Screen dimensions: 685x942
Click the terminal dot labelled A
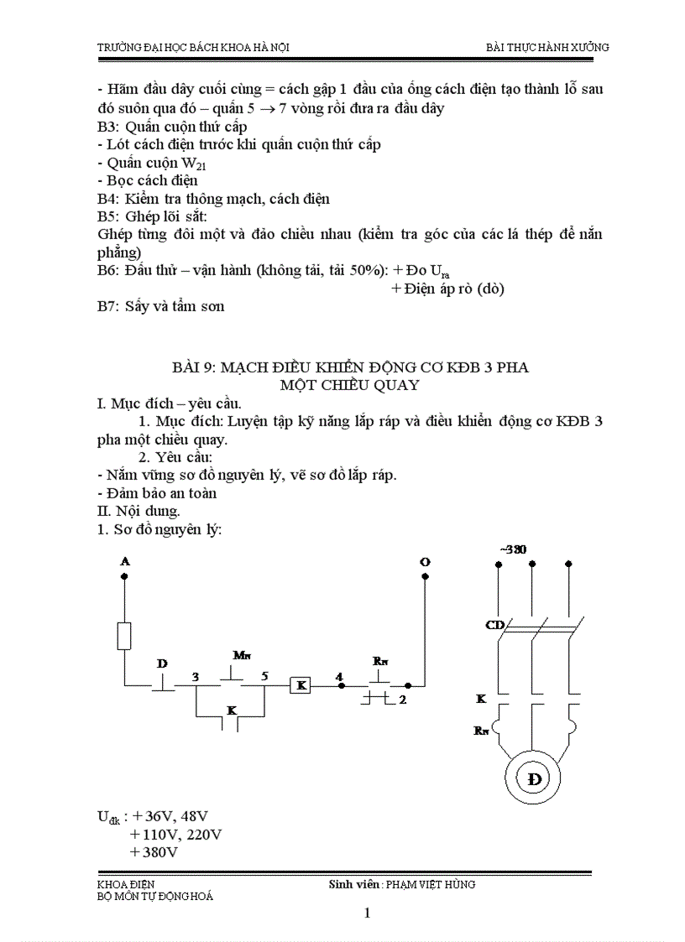124,576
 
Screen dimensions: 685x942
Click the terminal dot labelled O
424,576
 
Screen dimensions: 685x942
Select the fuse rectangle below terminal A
124,637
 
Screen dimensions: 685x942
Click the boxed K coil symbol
300,685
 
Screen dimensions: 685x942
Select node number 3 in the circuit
195,676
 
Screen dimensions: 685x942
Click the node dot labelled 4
340,685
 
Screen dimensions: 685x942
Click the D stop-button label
162,664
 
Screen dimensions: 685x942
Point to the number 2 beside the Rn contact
403,699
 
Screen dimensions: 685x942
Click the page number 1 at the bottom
367,913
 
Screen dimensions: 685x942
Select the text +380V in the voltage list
154,851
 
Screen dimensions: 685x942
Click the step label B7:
110,306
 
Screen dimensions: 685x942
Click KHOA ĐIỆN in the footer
126,884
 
